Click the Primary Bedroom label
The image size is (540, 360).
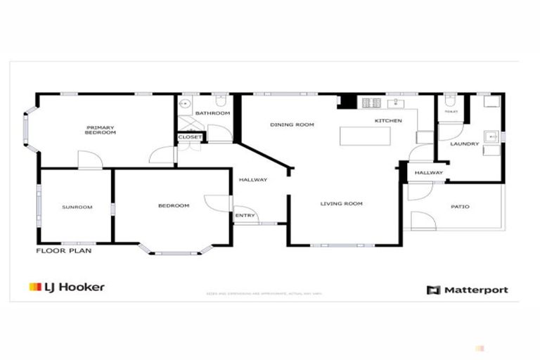(x=100, y=130)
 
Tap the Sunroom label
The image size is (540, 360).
(x=77, y=207)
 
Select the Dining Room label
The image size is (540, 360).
(x=292, y=125)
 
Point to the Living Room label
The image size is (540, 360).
(x=341, y=204)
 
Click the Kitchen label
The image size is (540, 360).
(x=387, y=122)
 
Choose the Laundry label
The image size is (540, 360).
(x=465, y=144)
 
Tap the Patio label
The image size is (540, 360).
(x=460, y=207)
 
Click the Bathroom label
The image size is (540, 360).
(x=212, y=113)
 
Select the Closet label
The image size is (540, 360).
(x=189, y=137)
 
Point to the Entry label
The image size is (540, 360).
(x=245, y=215)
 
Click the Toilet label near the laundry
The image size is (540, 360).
(x=451, y=112)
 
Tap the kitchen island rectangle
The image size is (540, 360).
(x=364, y=136)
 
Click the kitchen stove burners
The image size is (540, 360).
(x=371, y=103)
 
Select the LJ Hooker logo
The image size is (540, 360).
(x=67, y=287)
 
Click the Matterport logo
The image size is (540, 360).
(x=467, y=290)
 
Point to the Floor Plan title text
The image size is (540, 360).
(x=64, y=250)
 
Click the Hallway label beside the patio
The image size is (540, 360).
(x=428, y=172)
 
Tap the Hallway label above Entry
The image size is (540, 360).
(x=252, y=180)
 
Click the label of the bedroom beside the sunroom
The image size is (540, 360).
(x=173, y=205)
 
